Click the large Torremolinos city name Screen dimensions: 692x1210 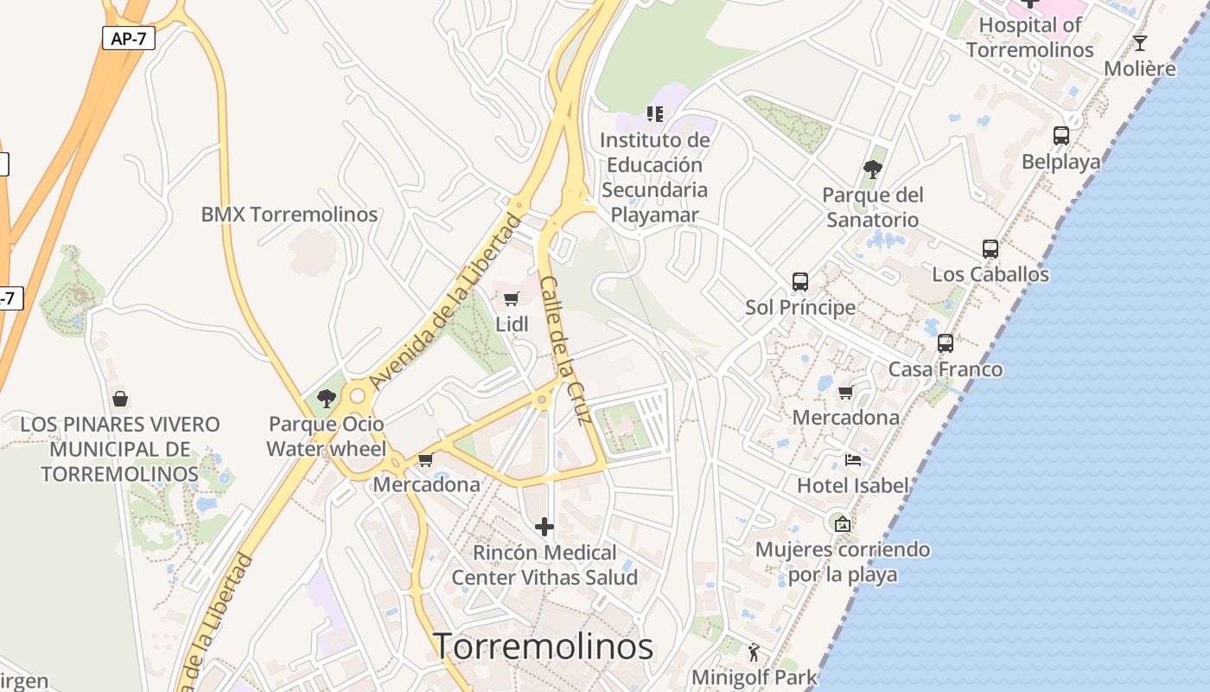click(543, 646)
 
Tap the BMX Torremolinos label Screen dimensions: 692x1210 click(290, 215)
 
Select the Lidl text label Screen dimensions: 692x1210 click(512, 324)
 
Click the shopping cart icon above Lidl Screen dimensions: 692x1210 click(511, 299)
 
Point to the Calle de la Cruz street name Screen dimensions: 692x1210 click(564, 349)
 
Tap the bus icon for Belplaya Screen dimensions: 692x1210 click(1060, 136)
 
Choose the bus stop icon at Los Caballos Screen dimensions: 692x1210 click(990, 249)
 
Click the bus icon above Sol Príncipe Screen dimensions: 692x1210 click(800, 282)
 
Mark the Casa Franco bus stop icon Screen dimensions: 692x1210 click(946, 343)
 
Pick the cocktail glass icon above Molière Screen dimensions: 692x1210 click(1140, 42)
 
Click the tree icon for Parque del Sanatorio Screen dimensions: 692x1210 click(872, 170)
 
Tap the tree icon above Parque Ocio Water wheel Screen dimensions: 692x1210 click(326, 399)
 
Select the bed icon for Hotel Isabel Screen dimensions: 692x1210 click(853, 460)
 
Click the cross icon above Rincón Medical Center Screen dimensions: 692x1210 click(544, 526)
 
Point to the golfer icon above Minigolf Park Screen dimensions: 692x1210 click(754, 652)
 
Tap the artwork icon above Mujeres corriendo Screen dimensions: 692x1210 click(842, 523)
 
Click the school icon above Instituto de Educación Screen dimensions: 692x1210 click(655, 113)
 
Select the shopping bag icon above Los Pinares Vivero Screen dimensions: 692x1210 click(120, 399)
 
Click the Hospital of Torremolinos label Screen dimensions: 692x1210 click(1029, 37)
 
